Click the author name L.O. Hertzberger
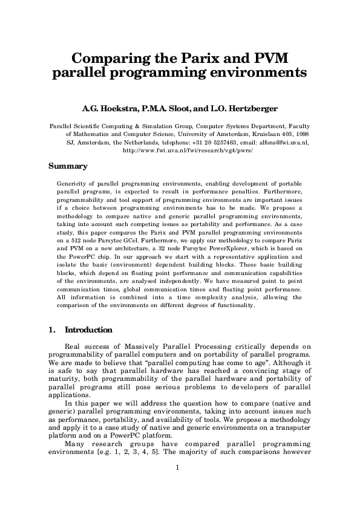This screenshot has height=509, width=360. [x=246, y=109]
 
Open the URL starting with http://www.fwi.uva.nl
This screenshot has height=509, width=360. [x=180, y=151]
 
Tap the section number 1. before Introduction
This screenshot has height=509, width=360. [x=51, y=330]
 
